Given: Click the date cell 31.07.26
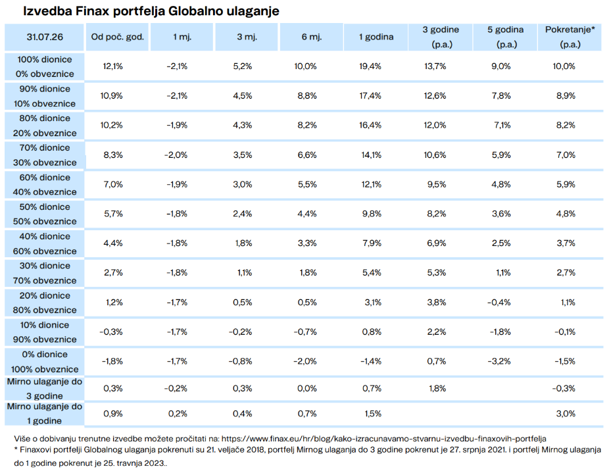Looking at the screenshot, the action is (45, 37).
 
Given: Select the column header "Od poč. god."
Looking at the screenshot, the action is (117, 37).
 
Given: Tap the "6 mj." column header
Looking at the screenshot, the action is (311, 37).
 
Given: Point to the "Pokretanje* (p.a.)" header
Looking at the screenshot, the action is (570, 37).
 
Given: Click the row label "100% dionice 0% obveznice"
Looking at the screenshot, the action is (45, 66).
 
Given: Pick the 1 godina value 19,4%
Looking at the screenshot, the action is (370, 66).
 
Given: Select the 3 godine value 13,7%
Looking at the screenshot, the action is (435, 66).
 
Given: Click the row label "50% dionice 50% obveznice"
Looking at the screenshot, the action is (45, 214).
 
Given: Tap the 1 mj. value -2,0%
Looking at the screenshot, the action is (176, 155).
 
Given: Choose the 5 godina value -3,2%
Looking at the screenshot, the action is (499, 361).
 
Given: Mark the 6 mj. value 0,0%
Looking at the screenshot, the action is (307, 388).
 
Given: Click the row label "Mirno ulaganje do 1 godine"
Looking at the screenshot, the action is (45, 413).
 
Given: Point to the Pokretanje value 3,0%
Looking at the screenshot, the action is (566, 414).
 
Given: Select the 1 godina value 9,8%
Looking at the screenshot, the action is (372, 214).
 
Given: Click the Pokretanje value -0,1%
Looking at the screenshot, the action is (565, 332).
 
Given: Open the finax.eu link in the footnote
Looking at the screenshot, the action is (384, 439).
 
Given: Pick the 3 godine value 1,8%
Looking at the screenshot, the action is (437, 388).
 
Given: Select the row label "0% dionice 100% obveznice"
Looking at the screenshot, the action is (45, 362).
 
